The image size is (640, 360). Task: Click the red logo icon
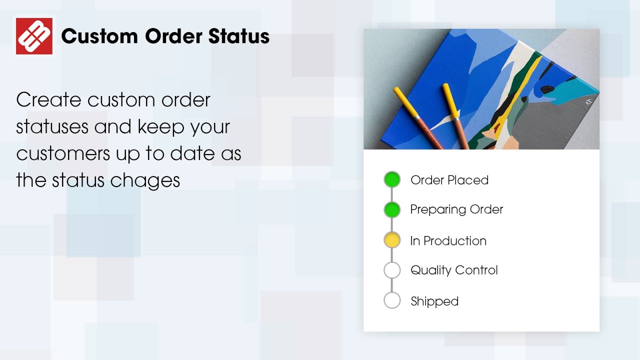(x=34, y=36)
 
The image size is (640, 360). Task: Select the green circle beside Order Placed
(x=392, y=179)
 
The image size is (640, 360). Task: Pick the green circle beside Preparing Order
(x=392, y=210)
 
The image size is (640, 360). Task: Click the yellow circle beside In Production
(x=392, y=240)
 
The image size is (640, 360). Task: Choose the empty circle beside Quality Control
(x=392, y=270)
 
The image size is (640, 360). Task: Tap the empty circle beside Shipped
(x=392, y=300)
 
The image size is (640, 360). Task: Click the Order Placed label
(x=449, y=180)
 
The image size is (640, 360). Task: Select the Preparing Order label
(x=456, y=209)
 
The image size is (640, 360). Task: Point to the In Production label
(x=448, y=240)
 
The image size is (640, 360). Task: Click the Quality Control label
(x=454, y=270)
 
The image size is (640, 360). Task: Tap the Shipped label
(x=434, y=301)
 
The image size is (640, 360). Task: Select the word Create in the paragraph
(x=48, y=100)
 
